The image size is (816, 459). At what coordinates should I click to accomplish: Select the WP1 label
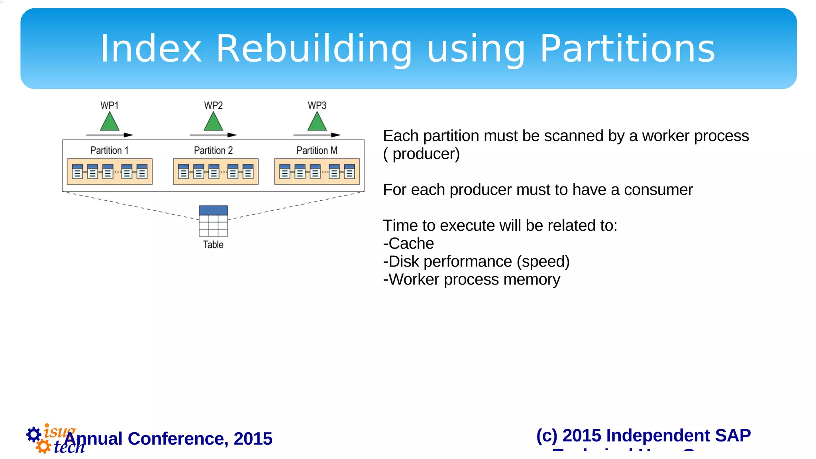tap(109, 106)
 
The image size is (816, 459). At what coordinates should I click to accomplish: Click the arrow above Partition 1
tap(110, 135)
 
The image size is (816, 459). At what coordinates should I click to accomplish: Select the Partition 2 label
tap(213, 151)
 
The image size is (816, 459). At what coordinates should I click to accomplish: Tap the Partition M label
tap(317, 151)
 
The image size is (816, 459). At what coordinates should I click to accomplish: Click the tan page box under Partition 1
tap(110, 172)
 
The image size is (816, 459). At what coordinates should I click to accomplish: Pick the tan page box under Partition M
tap(317, 172)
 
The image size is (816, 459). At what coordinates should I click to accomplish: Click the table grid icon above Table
tap(213, 221)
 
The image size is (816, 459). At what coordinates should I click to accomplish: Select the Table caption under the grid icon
tap(213, 245)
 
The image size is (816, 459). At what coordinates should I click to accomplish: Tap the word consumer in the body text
tap(658, 190)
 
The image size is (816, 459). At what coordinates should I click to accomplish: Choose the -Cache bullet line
tap(408, 243)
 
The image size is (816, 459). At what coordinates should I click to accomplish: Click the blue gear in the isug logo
tap(33, 434)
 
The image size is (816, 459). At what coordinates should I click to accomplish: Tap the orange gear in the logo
tap(43, 447)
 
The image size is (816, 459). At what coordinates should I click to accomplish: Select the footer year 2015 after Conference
tap(253, 439)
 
